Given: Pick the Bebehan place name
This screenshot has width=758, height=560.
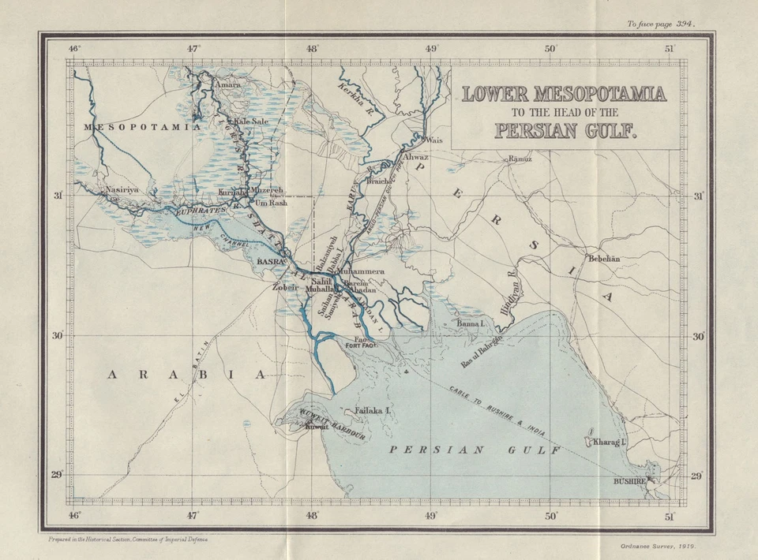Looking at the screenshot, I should click(x=604, y=258).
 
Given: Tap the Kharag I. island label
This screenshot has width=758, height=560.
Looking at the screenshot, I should click(x=609, y=442).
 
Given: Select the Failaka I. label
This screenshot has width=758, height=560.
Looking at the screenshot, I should click(x=373, y=411).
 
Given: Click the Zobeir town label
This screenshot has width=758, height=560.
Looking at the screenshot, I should click(x=285, y=287).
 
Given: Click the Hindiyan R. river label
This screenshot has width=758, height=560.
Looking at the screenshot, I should click(x=508, y=296).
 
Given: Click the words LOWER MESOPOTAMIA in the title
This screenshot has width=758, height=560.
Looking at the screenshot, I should click(x=564, y=94).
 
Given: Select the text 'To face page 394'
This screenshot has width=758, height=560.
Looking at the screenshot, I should click(x=660, y=24).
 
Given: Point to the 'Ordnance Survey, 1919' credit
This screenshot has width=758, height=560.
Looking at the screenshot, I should click(x=657, y=545).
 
